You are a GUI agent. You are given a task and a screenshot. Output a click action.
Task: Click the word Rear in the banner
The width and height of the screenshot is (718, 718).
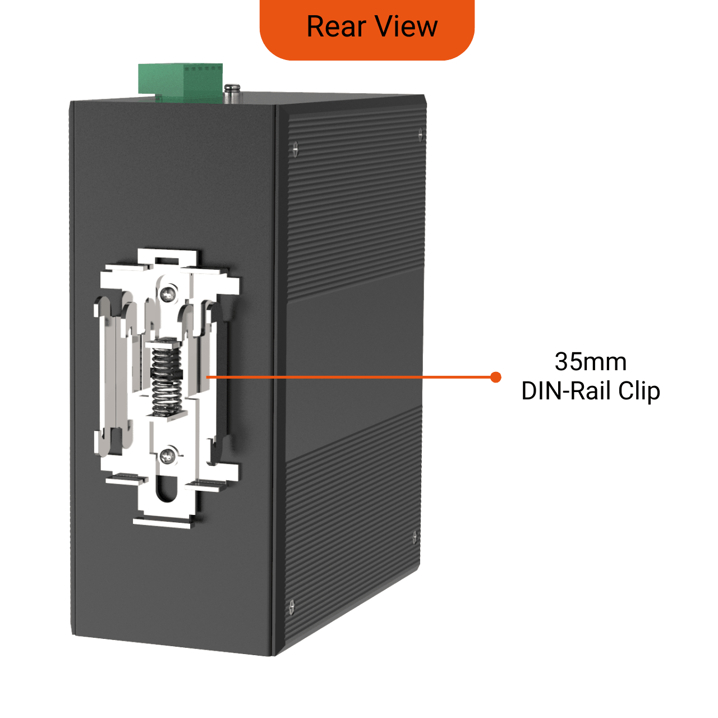pyautogui.click(x=336, y=27)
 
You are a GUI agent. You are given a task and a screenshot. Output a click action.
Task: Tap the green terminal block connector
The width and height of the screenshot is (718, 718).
pyautogui.click(x=180, y=84)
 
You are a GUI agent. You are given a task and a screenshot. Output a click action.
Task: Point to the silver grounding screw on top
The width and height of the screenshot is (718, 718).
pyautogui.click(x=232, y=94)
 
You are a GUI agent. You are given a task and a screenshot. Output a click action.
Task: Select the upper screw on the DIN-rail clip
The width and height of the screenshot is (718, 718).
pyautogui.click(x=169, y=294)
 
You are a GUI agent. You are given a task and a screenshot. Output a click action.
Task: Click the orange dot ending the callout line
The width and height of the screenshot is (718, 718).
pyautogui.click(x=495, y=377)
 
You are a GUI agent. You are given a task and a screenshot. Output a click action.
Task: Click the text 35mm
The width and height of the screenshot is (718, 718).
pyautogui.click(x=591, y=361)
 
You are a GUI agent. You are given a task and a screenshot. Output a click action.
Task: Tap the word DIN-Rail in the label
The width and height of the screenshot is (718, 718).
pyautogui.click(x=567, y=391)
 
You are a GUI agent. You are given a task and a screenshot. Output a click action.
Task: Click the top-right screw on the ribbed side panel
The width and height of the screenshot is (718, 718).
pyautogui.click(x=420, y=134)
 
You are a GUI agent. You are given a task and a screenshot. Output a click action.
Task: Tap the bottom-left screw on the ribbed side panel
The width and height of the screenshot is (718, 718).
pyautogui.click(x=292, y=607)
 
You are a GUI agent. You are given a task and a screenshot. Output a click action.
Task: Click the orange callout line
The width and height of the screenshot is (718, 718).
pyautogui.click(x=351, y=377)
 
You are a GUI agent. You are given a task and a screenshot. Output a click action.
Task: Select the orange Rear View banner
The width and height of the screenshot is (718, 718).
pyautogui.click(x=367, y=30)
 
